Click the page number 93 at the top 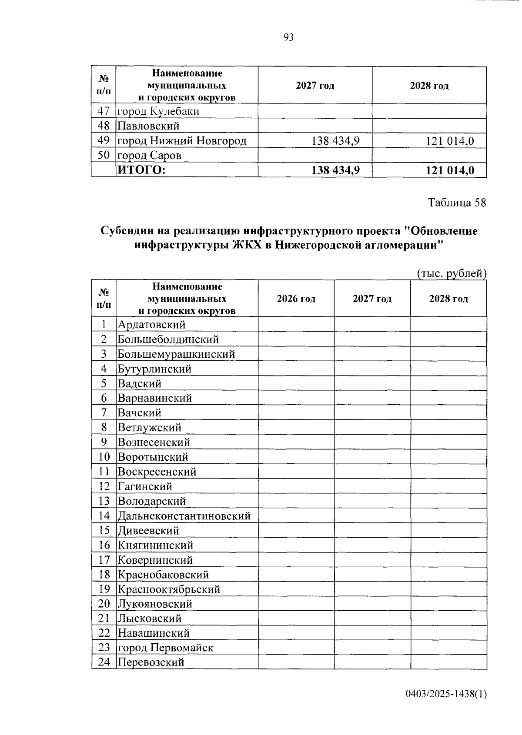click(x=288, y=37)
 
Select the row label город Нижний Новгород click(x=182, y=141)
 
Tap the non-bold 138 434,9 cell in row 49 click(x=335, y=141)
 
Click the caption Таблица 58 click(x=456, y=203)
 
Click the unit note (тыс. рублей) click(x=452, y=273)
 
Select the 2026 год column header click(x=296, y=299)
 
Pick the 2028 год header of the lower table click(x=448, y=299)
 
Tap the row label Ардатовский click(x=151, y=325)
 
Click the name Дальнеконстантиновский click(x=184, y=516)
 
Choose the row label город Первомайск click(x=165, y=648)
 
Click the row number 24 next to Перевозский click(x=104, y=662)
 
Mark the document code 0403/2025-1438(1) click(x=446, y=694)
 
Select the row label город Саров click(x=149, y=156)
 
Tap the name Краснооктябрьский click(x=169, y=589)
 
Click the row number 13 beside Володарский click(x=104, y=501)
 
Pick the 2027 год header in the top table click(x=315, y=86)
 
